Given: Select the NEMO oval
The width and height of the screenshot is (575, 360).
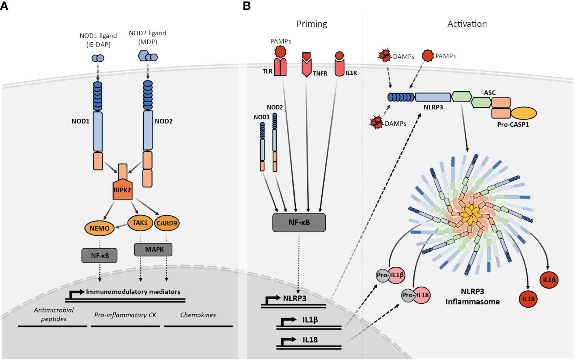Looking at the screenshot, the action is (99, 228).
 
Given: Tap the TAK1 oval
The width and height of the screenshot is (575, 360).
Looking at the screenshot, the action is (140, 223).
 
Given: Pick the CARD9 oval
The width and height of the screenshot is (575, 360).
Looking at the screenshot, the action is (167, 223).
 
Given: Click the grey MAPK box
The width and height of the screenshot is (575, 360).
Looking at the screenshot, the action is (153, 249).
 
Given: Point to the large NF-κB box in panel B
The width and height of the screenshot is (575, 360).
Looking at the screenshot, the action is (299, 222).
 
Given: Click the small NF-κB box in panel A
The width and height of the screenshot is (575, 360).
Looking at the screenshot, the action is (99, 255).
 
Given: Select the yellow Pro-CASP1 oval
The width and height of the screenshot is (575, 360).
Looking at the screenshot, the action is (523, 113).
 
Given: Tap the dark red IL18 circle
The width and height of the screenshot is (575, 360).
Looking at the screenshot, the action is (528, 299).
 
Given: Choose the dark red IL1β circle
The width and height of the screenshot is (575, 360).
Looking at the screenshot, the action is (549, 280).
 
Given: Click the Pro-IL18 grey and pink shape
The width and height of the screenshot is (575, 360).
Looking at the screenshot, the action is (416, 295).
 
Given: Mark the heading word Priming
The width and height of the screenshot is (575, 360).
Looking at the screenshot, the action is (312, 24).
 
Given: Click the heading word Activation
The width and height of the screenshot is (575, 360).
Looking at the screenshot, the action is (467, 24).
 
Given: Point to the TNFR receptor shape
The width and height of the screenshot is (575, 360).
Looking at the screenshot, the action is (306, 65).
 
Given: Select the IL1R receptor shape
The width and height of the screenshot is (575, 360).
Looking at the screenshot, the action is (339, 64).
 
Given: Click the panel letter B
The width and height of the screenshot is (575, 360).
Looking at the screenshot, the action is (246, 6).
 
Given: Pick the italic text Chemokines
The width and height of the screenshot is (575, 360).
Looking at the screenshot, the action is (198, 315).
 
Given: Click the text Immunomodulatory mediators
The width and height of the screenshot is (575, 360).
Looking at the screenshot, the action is (133, 292).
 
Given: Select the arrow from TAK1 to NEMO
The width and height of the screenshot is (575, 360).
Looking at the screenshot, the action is (121, 226).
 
